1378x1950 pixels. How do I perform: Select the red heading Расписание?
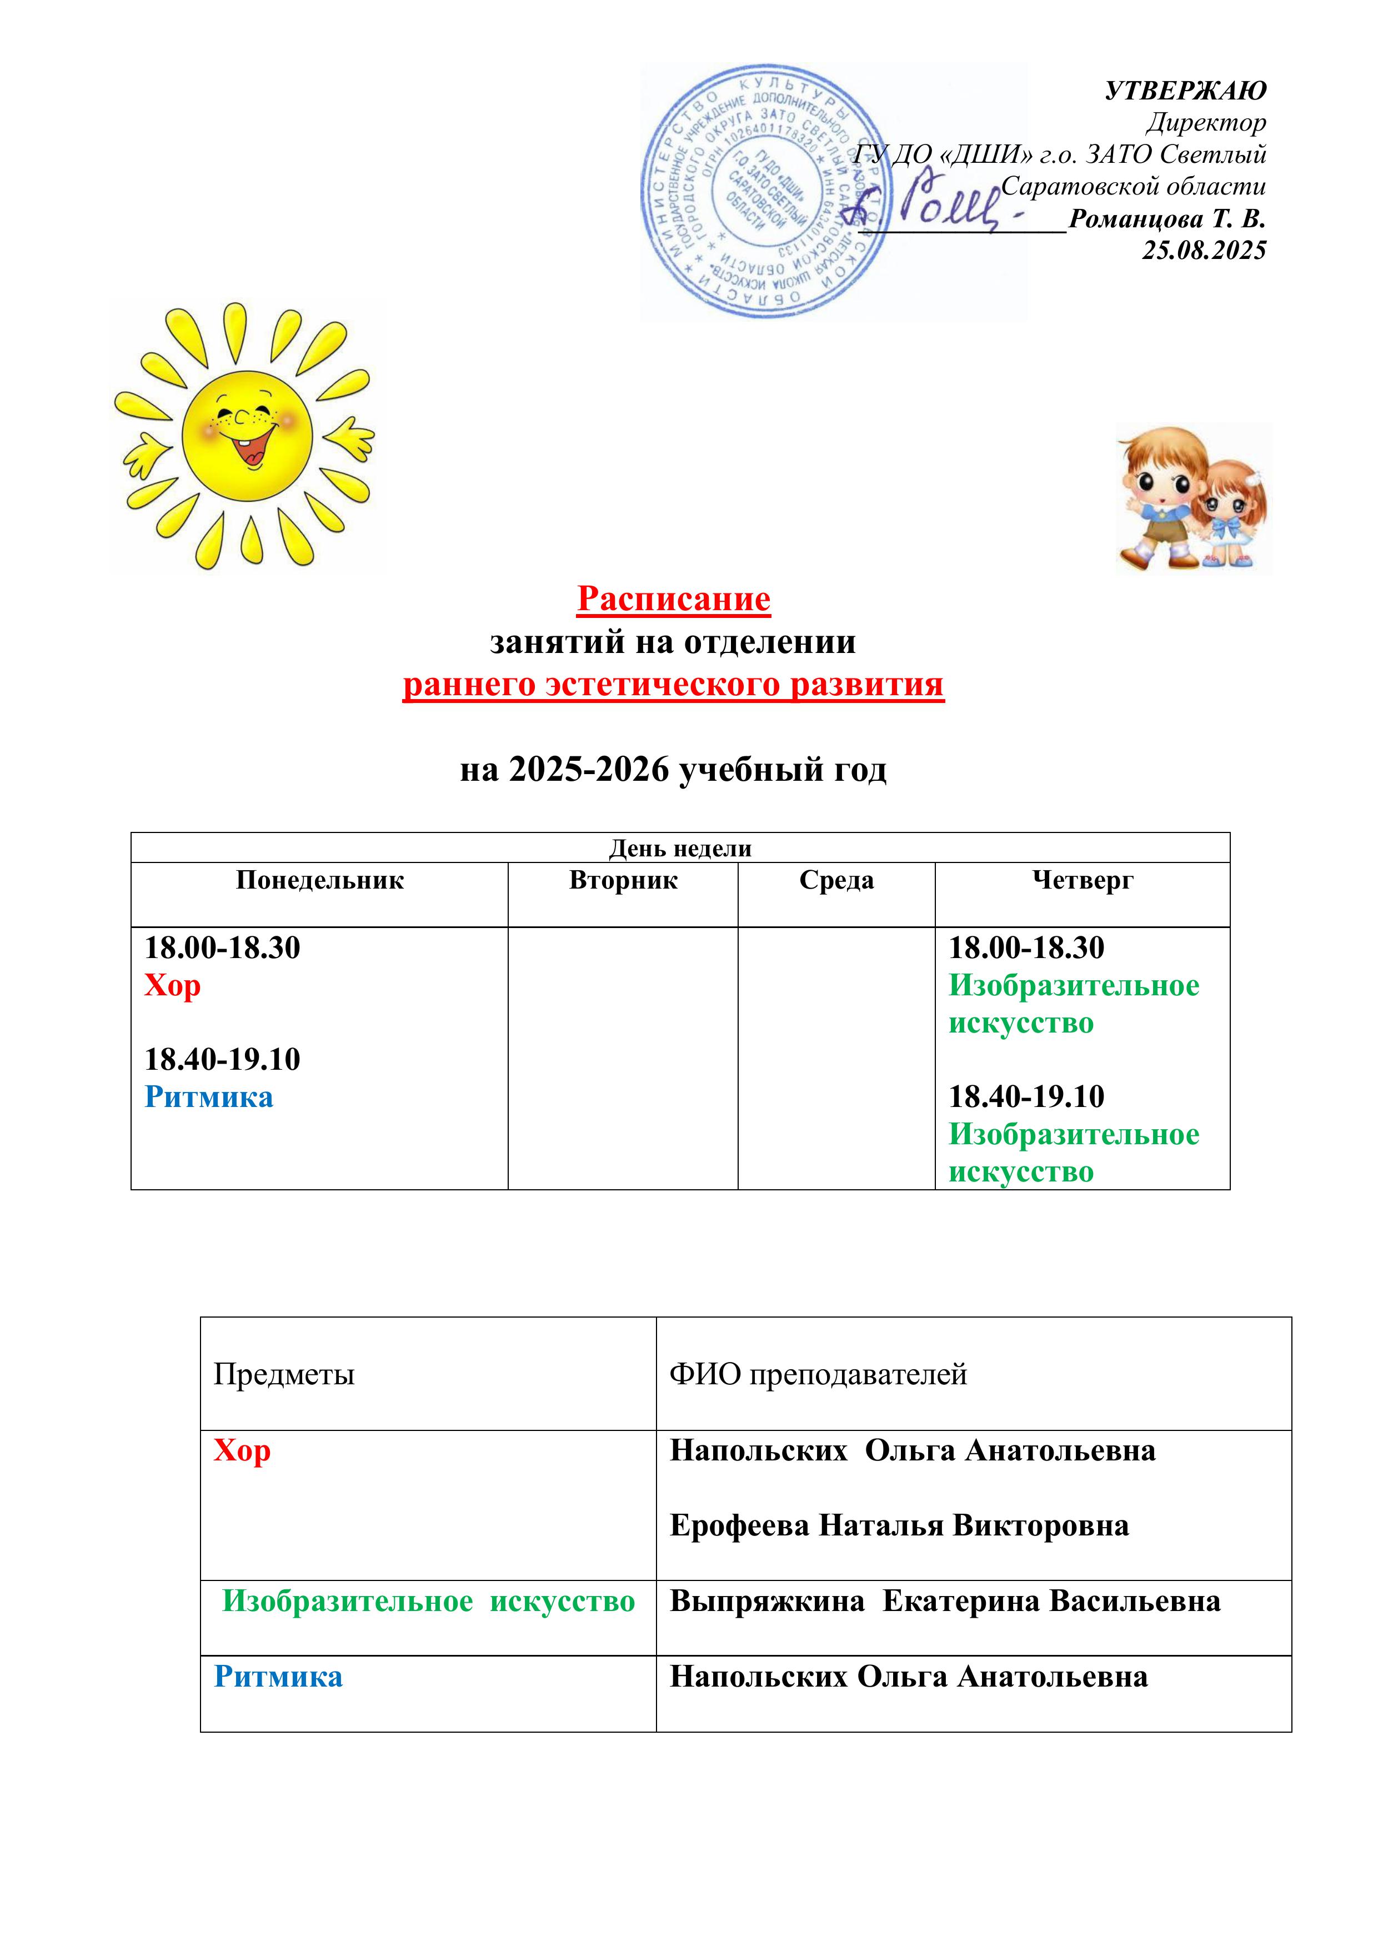pos(673,599)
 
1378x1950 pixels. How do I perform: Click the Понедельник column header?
pos(319,880)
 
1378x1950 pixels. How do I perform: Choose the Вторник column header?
pos(623,880)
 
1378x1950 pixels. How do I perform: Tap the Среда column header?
pos(836,880)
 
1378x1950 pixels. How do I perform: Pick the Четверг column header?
pos(1083,880)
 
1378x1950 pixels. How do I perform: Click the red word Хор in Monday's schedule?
pos(172,985)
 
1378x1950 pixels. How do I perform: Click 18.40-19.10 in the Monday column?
pos(223,1059)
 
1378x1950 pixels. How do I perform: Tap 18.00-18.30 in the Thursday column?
pos(1026,948)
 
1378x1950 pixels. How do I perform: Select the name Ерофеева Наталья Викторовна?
pos(899,1525)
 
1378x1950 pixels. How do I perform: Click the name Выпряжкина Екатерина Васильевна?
pos(945,1601)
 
